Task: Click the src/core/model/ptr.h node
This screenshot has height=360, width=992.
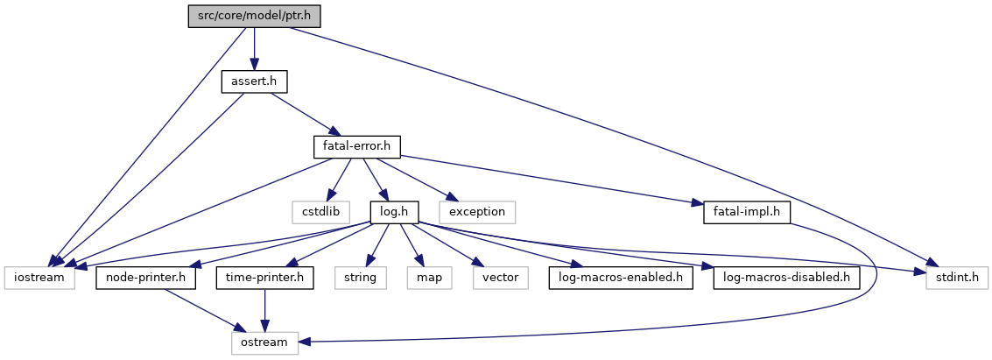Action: tap(255, 17)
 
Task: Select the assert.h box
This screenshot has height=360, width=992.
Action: tap(254, 81)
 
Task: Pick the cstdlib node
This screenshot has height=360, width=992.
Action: tap(320, 211)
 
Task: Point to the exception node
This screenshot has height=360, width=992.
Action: tap(477, 211)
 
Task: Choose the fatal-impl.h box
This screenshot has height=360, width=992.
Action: tap(742, 211)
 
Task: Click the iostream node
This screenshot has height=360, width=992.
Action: tap(39, 277)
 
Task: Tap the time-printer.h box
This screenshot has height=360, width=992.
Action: tap(265, 277)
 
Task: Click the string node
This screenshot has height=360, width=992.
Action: tap(360, 277)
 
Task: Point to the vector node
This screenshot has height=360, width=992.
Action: tap(501, 277)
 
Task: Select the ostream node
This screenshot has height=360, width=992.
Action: tap(264, 342)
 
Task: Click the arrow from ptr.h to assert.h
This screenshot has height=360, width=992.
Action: tap(254, 48)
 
